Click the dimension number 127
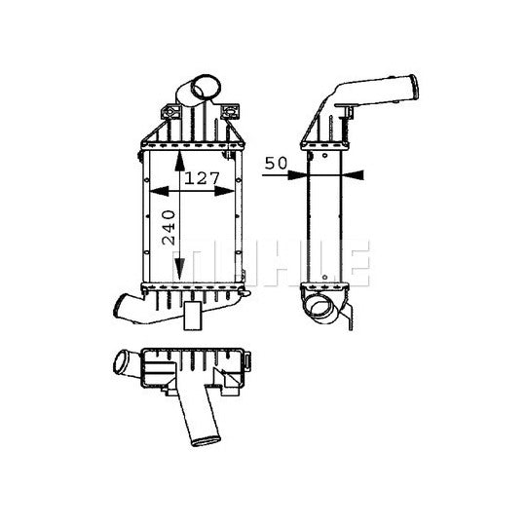[202, 178]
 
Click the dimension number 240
[169, 227]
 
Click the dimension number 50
[276, 164]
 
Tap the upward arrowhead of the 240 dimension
[180, 162]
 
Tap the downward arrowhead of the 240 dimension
[180, 269]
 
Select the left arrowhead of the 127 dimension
[159, 191]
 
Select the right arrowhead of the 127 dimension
[224, 191]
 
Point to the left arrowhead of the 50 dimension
[297, 174]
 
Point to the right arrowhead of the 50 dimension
[353, 174]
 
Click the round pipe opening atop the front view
[206, 87]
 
